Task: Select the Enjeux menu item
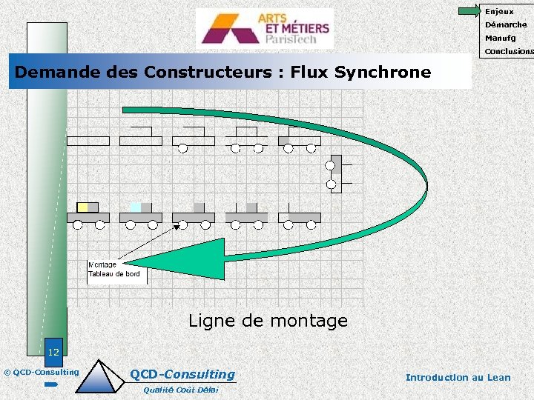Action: click(499, 11)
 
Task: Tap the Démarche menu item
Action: click(506, 24)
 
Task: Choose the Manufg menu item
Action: click(501, 38)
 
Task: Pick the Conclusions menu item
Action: click(509, 52)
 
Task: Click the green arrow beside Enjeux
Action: click(469, 11)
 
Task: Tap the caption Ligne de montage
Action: click(268, 321)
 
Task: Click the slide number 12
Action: click(53, 352)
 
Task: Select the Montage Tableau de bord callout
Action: click(115, 270)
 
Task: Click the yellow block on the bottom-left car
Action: click(84, 207)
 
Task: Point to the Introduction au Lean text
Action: click(458, 377)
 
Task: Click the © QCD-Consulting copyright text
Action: click(41, 372)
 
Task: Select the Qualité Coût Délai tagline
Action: click(181, 390)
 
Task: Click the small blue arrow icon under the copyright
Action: click(50, 385)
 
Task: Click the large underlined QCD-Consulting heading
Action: click(182, 375)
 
